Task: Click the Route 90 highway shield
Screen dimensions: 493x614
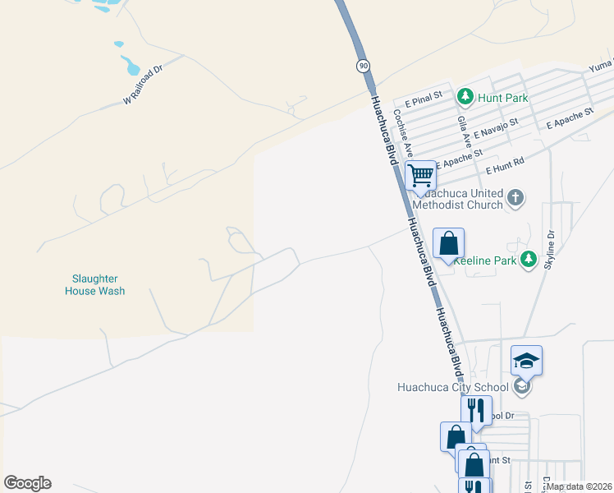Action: pos(362,65)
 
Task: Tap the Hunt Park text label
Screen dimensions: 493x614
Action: pos(504,98)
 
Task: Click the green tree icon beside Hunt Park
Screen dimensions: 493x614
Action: pos(465,98)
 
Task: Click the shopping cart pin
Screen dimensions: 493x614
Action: pos(420,174)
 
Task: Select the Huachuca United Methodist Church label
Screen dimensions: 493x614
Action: pos(458,198)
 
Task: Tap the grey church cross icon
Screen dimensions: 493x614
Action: pos(515,197)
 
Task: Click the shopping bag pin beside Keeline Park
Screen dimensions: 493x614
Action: pos(448,243)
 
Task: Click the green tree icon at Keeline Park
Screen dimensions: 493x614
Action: pos(529,260)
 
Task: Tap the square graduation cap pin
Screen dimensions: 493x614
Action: pos(526,360)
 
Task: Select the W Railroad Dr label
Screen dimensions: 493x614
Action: pos(144,85)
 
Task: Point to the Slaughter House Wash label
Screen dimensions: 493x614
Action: pos(95,285)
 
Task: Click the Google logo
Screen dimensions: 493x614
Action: pos(27,483)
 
